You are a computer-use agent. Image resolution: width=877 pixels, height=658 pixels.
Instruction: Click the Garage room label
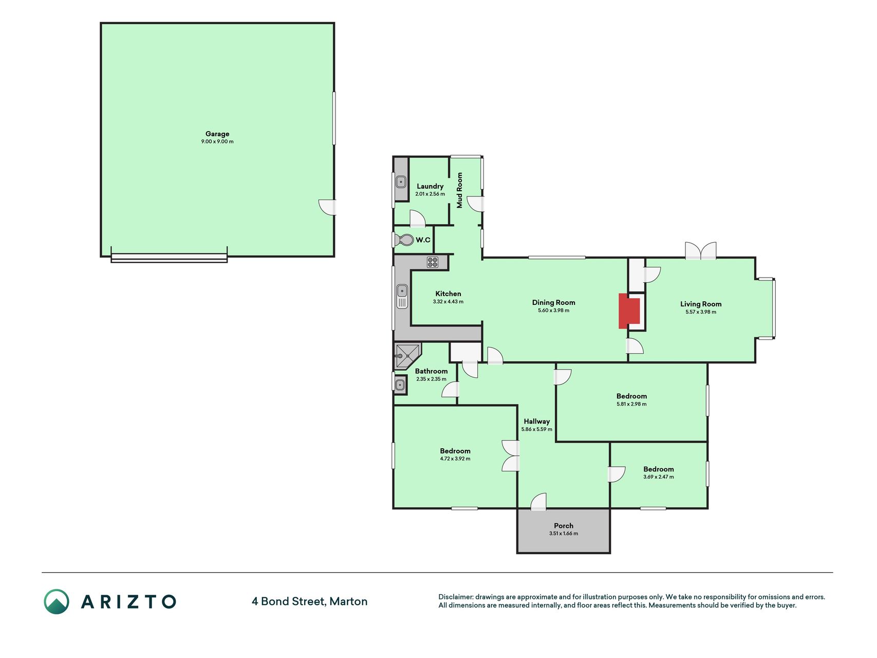(x=217, y=134)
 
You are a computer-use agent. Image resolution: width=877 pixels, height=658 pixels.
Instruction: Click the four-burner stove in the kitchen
(x=433, y=262)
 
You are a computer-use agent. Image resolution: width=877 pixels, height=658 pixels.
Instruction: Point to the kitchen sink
(x=402, y=297)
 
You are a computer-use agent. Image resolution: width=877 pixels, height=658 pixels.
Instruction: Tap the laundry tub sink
(x=401, y=181)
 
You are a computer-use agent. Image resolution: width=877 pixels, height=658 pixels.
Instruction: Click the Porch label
(x=564, y=526)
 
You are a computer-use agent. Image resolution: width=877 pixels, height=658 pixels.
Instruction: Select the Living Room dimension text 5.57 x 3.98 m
(x=701, y=312)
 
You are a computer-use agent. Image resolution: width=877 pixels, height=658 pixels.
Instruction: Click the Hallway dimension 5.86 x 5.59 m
(x=537, y=429)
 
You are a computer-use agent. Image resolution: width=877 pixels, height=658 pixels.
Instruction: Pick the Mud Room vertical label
(x=460, y=190)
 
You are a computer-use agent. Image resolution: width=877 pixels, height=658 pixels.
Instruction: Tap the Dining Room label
(x=553, y=303)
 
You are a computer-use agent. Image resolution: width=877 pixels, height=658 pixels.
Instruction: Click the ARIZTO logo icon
(x=57, y=601)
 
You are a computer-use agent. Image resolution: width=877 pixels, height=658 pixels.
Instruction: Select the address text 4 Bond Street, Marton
(x=309, y=601)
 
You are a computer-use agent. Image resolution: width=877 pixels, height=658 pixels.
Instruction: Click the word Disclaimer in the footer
(x=455, y=597)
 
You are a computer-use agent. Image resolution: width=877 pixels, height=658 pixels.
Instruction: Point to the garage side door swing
(x=327, y=207)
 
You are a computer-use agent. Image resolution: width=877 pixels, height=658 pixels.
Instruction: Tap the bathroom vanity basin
(x=400, y=384)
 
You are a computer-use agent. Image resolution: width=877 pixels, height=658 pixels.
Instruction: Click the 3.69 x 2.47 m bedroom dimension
(x=659, y=477)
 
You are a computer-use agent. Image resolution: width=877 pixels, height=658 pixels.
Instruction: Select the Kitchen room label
(x=448, y=294)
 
